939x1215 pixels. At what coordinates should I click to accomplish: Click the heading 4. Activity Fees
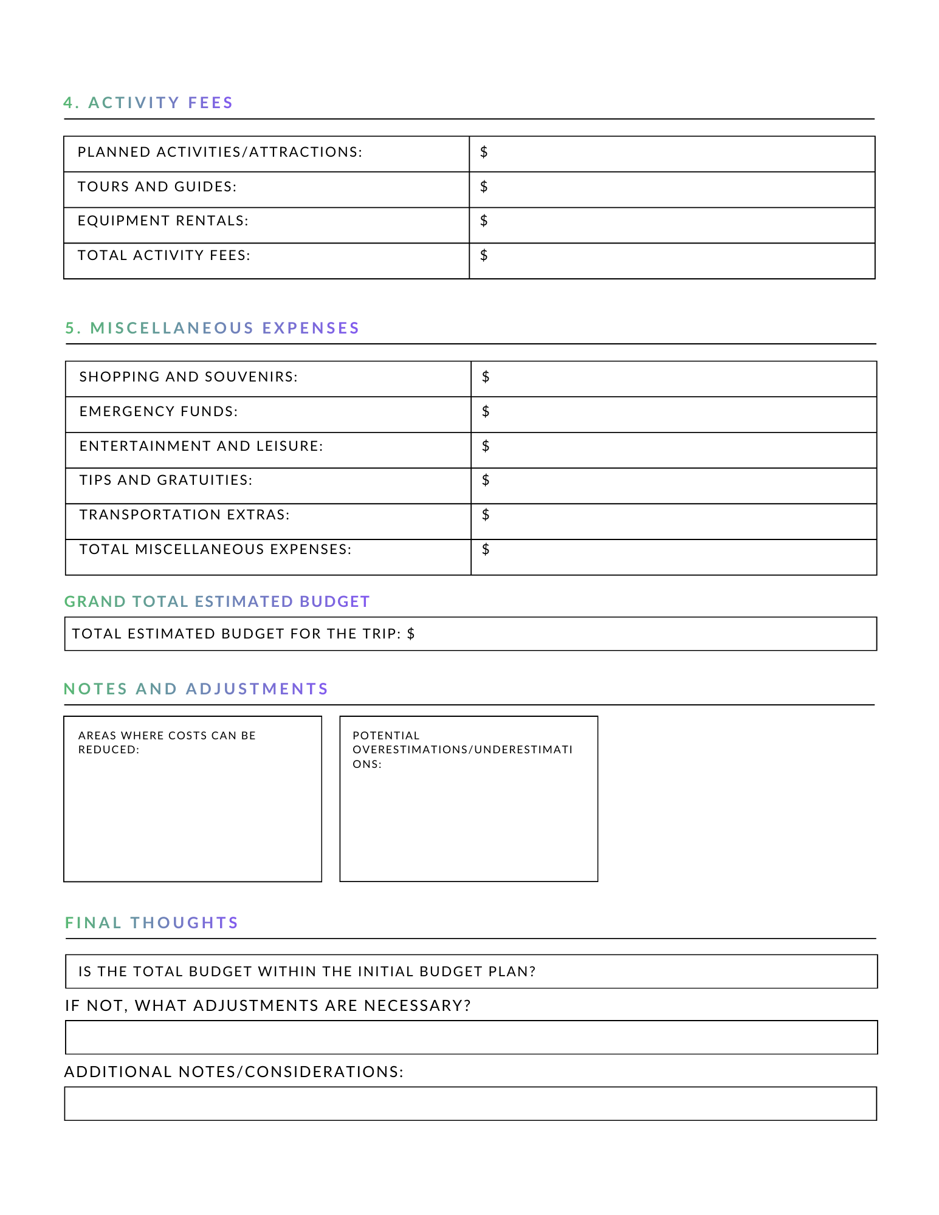148,103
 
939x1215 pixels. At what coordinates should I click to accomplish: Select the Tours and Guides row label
157,187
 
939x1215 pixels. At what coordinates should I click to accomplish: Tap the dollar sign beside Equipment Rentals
484,221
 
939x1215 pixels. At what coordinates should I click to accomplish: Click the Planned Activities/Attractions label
219,152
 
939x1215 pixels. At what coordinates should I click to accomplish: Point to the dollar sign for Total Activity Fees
484,255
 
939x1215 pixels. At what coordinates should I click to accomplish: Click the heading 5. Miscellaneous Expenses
212,328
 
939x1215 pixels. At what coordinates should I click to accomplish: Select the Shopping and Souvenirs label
188,377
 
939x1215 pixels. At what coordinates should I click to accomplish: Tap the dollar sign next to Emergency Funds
486,411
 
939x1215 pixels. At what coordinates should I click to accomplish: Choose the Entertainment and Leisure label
201,446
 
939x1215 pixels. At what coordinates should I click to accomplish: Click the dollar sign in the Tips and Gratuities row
486,480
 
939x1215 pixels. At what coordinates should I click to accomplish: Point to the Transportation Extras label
184,515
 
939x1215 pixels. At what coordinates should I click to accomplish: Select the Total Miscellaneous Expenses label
215,549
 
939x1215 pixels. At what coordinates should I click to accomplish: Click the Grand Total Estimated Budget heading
217,601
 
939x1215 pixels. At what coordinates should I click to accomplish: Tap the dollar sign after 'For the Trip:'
411,634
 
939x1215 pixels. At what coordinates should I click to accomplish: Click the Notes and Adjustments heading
196,689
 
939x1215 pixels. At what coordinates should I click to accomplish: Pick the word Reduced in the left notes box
108,750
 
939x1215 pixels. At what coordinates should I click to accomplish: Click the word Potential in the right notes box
386,736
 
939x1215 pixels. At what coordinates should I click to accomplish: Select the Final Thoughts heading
151,923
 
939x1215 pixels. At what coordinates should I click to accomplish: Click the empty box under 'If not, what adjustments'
471,1037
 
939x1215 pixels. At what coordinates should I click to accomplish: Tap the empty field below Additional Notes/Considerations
470,1103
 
